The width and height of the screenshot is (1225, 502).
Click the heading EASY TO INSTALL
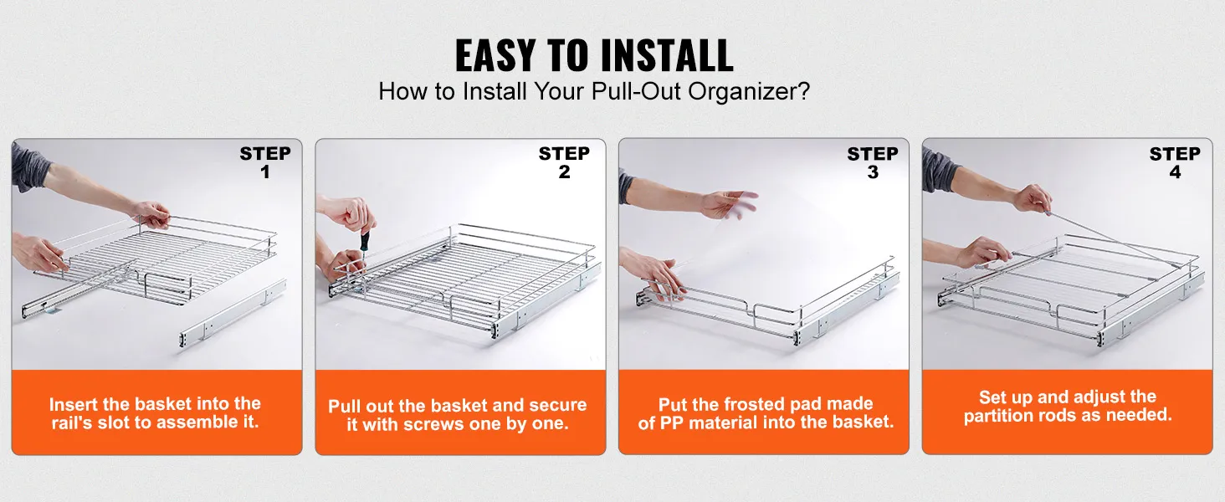(594, 56)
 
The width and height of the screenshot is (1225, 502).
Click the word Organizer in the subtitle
(748, 91)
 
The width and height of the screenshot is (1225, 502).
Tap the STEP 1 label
(265, 162)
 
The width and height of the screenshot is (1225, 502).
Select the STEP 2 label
(564, 162)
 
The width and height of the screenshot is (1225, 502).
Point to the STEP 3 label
(873, 162)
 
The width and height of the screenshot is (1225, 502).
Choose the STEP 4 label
(1175, 162)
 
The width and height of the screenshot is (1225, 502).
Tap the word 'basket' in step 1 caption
(163, 404)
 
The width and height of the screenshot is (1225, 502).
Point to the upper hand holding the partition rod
(1032, 199)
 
